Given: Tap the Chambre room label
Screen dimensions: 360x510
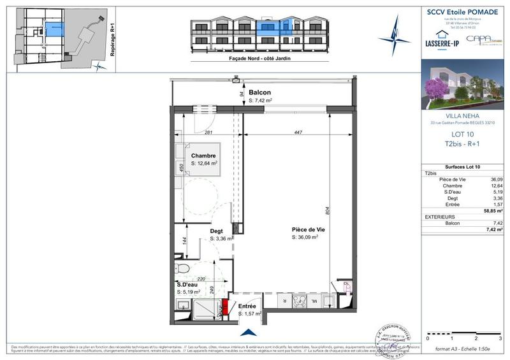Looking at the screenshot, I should point(203,155).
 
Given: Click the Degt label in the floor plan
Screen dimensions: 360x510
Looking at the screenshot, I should point(217,232).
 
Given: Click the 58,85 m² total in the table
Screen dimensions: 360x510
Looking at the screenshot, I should point(490,210).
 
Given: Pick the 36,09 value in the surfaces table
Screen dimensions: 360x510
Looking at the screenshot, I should point(495,180).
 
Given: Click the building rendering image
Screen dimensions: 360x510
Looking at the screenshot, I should point(462,86).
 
